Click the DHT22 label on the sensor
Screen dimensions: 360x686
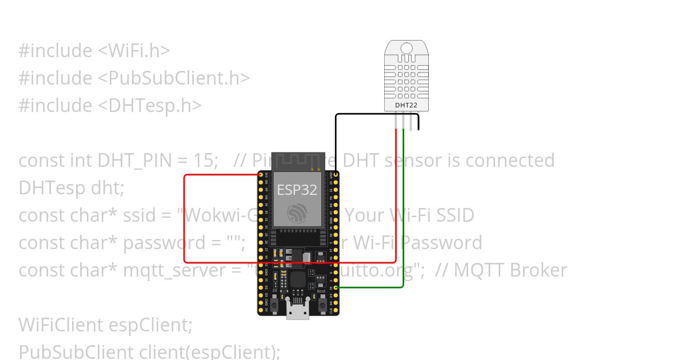405,105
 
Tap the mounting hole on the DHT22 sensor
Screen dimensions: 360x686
406,47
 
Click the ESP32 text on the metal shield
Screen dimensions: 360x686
297,190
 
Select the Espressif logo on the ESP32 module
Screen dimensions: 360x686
297,213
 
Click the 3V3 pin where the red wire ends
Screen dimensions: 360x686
261,174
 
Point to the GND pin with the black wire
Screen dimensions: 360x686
336,174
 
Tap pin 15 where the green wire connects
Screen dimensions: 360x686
336,288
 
